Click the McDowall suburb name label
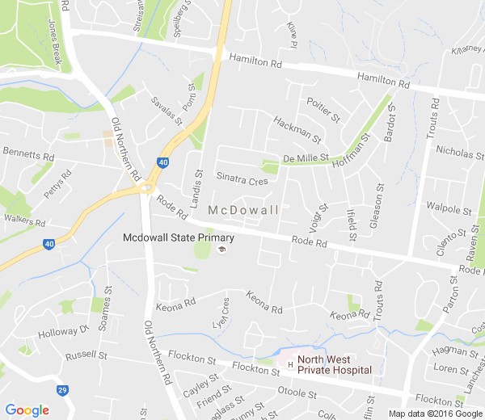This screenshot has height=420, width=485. click(243, 210)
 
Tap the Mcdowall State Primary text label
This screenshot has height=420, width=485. click(179, 237)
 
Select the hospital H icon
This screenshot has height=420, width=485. click(289, 364)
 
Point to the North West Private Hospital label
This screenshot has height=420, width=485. click(334, 365)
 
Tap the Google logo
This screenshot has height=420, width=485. click(27, 410)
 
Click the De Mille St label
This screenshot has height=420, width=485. click(306, 158)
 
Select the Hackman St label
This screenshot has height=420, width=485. click(297, 128)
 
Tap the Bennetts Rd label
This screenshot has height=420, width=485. click(28, 152)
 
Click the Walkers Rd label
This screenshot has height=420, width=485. click(24, 220)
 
